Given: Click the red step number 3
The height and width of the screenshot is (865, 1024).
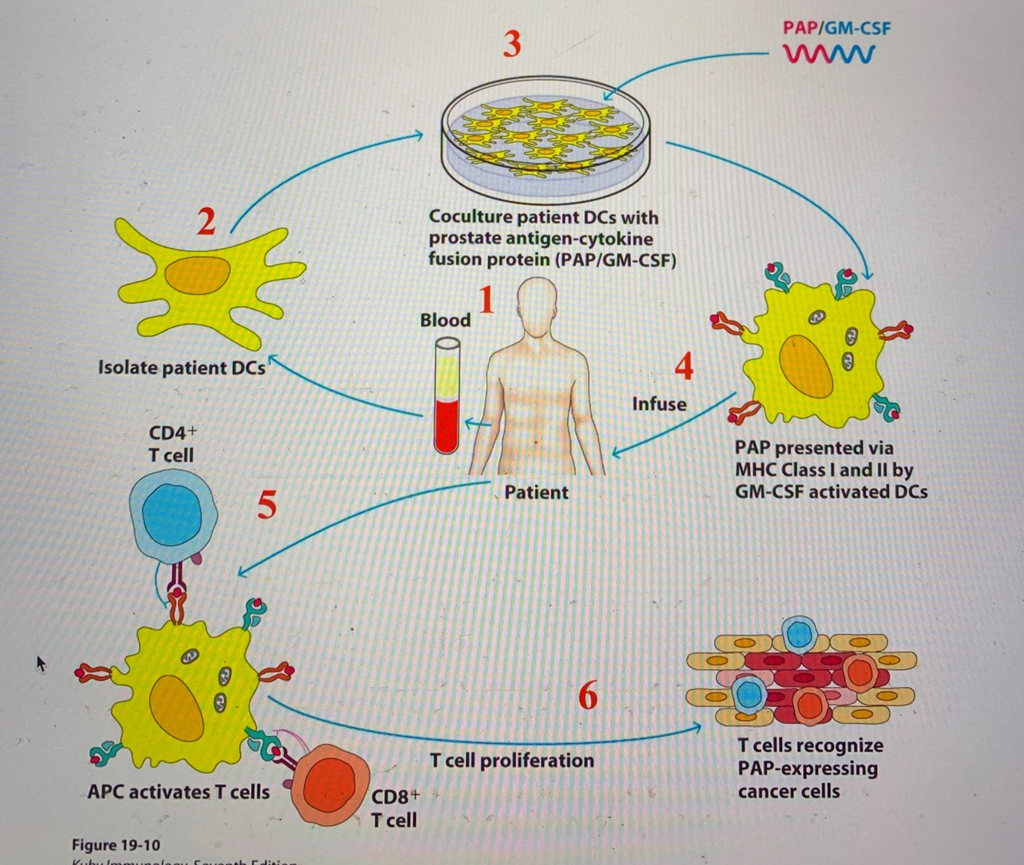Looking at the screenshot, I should pyautogui.click(x=512, y=43).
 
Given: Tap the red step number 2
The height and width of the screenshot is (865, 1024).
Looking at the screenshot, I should pyautogui.click(x=206, y=221).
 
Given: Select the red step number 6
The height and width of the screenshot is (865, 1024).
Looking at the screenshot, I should pyautogui.click(x=587, y=695).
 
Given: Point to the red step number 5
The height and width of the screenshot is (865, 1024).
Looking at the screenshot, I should pyautogui.click(x=266, y=505).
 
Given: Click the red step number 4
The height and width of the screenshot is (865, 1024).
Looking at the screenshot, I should pyautogui.click(x=683, y=366).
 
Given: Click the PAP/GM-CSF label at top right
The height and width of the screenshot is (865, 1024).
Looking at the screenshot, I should pyautogui.click(x=837, y=28).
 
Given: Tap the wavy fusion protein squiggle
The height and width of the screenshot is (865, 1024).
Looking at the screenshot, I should pyautogui.click(x=829, y=55).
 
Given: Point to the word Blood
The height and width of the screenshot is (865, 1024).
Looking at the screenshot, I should pyautogui.click(x=445, y=320).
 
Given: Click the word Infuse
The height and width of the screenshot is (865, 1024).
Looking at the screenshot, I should pyautogui.click(x=659, y=404).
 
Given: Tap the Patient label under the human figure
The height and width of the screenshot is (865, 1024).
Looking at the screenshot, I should pyautogui.click(x=536, y=492).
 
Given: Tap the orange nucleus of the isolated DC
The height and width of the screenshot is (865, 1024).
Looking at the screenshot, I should pyautogui.click(x=198, y=275).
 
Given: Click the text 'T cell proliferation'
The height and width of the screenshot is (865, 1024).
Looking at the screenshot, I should pyautogui.click(x=511, y=760).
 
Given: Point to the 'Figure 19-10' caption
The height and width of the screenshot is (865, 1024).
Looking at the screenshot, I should pyautogui.click(x=116, y=845).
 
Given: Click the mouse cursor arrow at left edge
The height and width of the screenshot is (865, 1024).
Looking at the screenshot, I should pyautogui.click(x=41, y=662).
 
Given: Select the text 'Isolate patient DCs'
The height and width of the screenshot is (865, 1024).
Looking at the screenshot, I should pyautogui.click(x=181, y=368).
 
